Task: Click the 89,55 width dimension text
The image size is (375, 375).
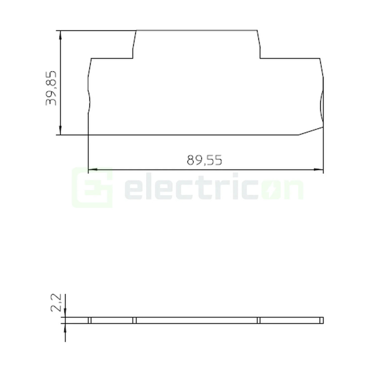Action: pos(204,160)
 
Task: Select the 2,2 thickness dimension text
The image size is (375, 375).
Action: pos(56,302)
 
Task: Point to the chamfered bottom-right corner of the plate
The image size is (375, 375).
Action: pos(311,131)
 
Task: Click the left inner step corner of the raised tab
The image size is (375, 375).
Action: pos(133,59)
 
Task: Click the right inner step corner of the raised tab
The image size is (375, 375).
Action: pos(260,59)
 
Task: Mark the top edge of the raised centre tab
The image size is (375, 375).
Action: pos(197,30)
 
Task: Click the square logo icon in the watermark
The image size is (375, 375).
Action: pos(92,188)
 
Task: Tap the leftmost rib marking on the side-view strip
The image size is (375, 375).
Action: pos(90,320)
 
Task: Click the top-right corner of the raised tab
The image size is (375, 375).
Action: pos(257,30)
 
